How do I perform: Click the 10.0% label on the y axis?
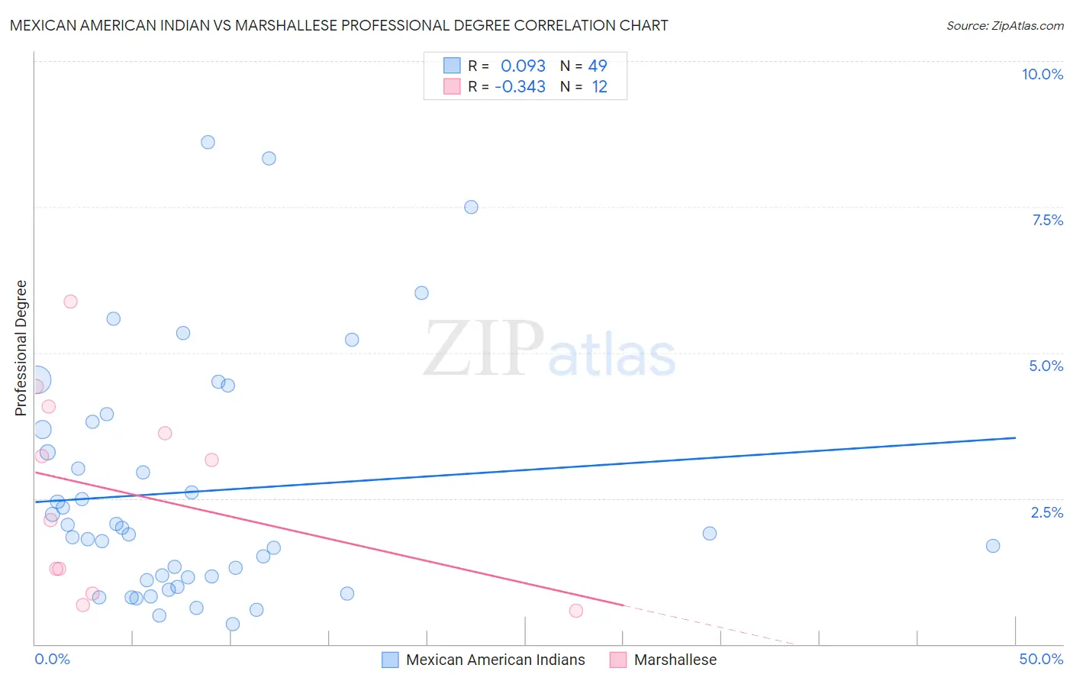pyautogui.click(x=1042, y=74)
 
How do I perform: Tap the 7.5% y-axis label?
pyautogui.click(x=1047, y=220)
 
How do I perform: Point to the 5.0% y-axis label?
pyautogui.click(x=1046, y=366)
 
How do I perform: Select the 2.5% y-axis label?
pyautogui.click(x=1046, y=512)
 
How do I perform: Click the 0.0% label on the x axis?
pyautogui.click(x=52, y=659)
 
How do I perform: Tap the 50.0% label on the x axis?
pyautogui.click(x=1041, y=659)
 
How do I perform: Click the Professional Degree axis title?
pyautogui.click(x=21, y=348)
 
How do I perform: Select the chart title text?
pyautogui.click(x=339, y=25)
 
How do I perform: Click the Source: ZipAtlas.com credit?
pyautogui.click(x=1004, y=26)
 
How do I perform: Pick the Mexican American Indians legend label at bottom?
pyautogui.click(x=495, y=660)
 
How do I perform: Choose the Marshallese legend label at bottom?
pyautogui.click(x=675, y=660)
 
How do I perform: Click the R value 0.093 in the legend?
pyautogui.click(x=523, y=66)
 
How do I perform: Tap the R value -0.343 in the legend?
pyautogui.click(x=520, y=87)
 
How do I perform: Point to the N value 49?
pyautogui.click(x=598, y=66)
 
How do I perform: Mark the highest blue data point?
pyautogui.click(x=208, y=142)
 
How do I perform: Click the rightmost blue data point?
pyautogui.click(x=992, y=546)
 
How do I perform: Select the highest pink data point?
pyautogui.click(x=70, y=302)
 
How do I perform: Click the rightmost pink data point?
pyautogui.click(x=576, y=611)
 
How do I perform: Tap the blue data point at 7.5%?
pyautogui.click(x=471, y=207)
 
